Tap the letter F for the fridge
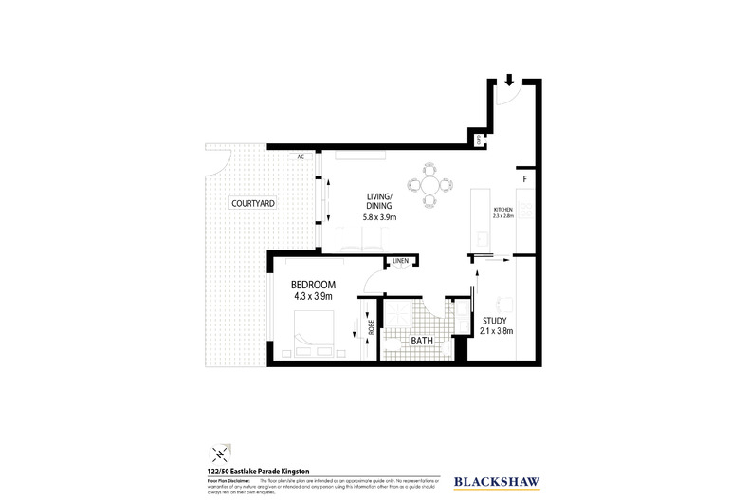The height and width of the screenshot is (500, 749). tap(522, 177)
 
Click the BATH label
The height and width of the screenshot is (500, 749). tap(422, 339)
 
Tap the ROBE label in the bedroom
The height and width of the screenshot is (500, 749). tap(372, 328)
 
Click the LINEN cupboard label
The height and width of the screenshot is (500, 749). tap(400, 261)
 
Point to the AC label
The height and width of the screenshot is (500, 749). tap(301, 157)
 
